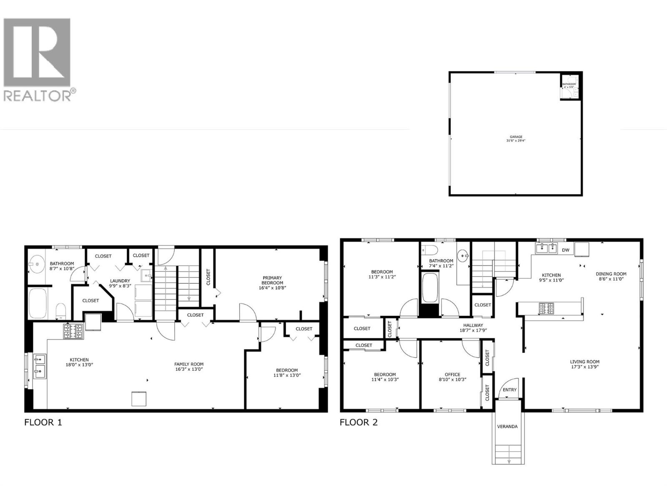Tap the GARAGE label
[x=516, y=137]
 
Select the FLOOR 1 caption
[x=43, y=422]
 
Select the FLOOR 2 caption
[x=359, y=422]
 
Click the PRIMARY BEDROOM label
[x=272, y=280]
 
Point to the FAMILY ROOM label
[x=189, y=364]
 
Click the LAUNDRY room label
[x=120, y=281]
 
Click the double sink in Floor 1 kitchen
[x=40, y=365]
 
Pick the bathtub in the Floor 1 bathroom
[x=39, y=303]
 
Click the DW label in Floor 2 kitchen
[x=565, y=250]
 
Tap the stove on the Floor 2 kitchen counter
[x=547, y=309]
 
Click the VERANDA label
[x=507, y=426]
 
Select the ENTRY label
[x=509, y=390]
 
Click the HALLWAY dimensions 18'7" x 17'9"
[x=473, y=330]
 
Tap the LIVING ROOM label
[x=585, y=362]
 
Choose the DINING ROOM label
[x=611, y=274]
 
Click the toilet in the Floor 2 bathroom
[x=429, y=250]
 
